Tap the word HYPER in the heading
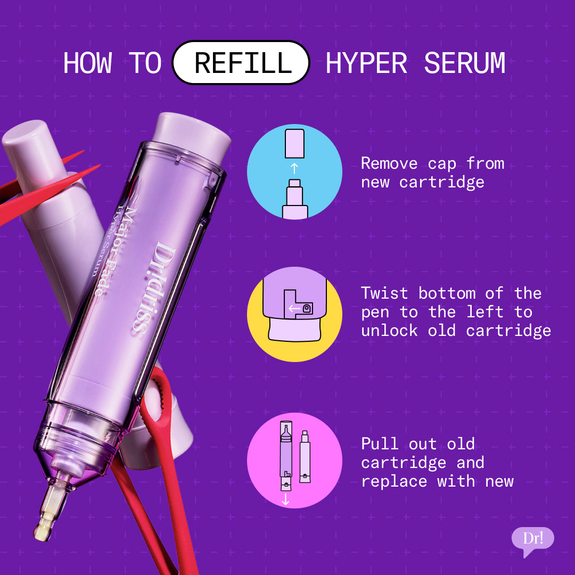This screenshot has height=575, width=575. tap(366, 63)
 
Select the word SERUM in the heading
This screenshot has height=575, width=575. tap(464, 63)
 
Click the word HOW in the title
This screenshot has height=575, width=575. tap(88, 63)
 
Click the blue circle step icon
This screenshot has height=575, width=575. tap(294, 171)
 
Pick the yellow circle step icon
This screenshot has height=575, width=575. tap(294, 314)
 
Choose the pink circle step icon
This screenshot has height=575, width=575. tap(294, 460)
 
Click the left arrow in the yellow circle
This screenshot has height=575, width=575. tap(293, 308)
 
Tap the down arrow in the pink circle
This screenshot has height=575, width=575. tap(285, 499)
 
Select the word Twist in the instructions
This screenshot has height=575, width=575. tap(384, 293)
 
